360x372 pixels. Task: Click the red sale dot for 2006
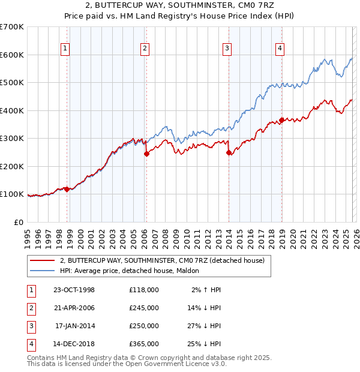click(x=146, y=154)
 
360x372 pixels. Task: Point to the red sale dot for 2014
click(x=229, y=152)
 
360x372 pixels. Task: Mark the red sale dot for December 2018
click(x=281, y=120)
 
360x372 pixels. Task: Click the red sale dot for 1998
click(x=67, y=189)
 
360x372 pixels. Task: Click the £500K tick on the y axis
click(x=12, y=82)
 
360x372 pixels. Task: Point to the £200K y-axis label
click(x=12, y=166)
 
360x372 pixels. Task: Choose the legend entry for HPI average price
click(x=133, y=271)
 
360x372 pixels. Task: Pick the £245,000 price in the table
click(x=143, y=308)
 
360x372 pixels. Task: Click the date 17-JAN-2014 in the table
click(x=74, y=326)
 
